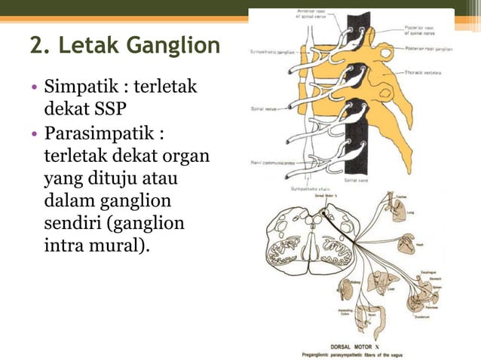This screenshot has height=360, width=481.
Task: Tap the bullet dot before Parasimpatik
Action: click(x=35, y=140)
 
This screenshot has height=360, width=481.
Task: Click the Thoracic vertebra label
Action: click(x=424, y=72)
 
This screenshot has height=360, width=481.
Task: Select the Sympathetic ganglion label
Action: click(x=271, y=53)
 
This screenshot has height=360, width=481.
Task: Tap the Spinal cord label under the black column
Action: click(x=356, y=180)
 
